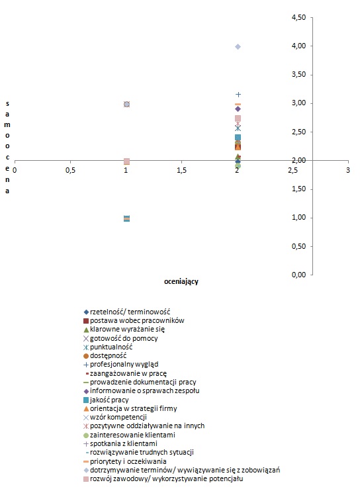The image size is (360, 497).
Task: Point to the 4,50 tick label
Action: pyautogui.click(x=298, y=17)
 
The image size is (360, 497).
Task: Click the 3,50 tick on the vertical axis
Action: pyautogui.click(x=312, y=75)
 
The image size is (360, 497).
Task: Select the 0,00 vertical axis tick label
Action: pyautogui.click(x=298, y=275)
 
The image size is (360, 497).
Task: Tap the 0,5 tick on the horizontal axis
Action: pyautogui.click(x=70, y=161)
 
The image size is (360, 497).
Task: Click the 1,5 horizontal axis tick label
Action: pyautogui.click(x=181, y=170)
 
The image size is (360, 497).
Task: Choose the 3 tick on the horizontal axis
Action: pyautogui.click(x=348, y=161)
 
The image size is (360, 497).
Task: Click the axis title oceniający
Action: pyautogui.click(x=181, y=281)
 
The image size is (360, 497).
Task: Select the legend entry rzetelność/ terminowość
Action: pyautogui.click(x=127, y=312)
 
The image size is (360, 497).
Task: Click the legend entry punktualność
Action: pyautogui.click(x=108, y=347)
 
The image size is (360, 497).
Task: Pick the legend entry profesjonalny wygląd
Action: pyautogui.click(x=120, y=365)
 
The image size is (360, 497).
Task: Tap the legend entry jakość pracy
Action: pyautogui.click(x=106, y=400)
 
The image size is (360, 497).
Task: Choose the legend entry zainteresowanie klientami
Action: pyautogui.click(x=129, y=435)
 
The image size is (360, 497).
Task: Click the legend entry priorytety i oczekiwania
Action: pyautogui.click(x=125, y=461)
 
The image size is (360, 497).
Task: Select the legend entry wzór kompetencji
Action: pyautogui.click(x=114, y=418)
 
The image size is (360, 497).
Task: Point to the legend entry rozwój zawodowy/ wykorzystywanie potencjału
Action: pyautogui.click(x=163, y=479)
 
